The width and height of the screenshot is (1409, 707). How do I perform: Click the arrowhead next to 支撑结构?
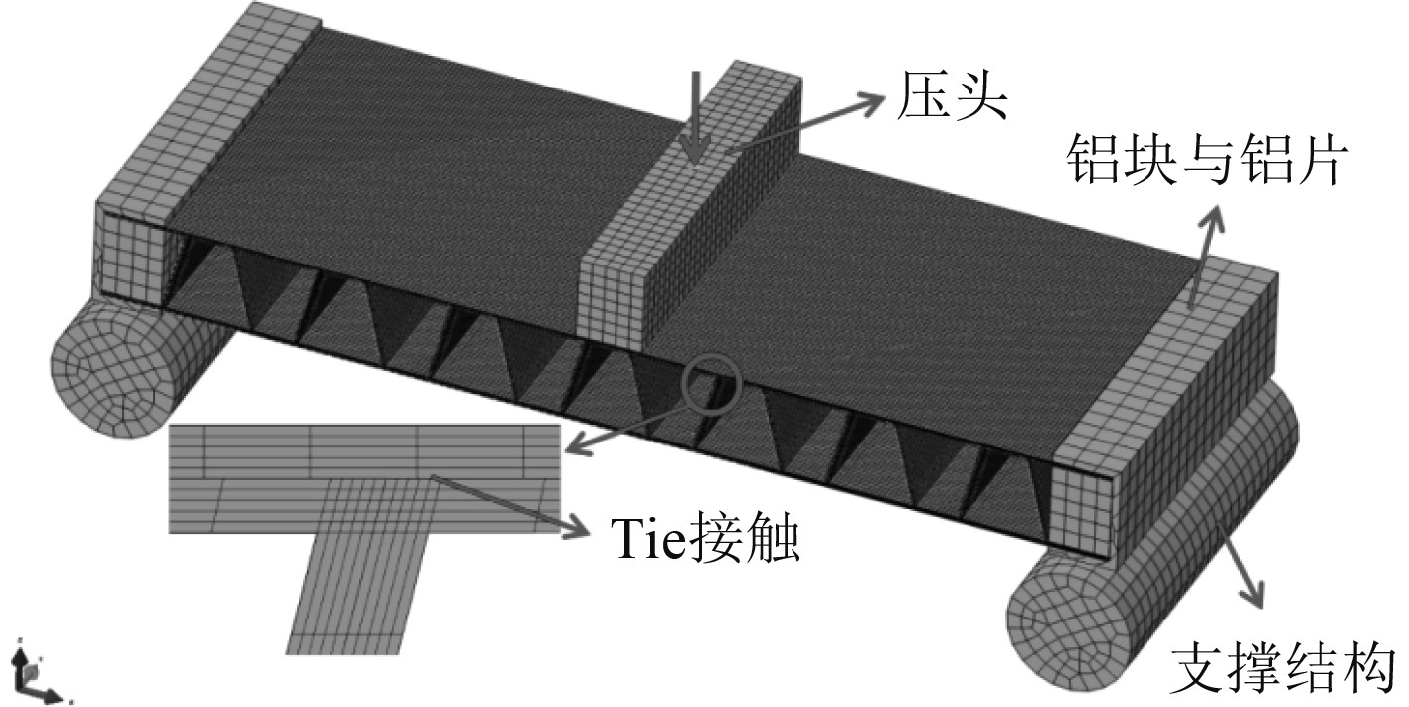pyautogui.click(x=1257, y=596)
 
